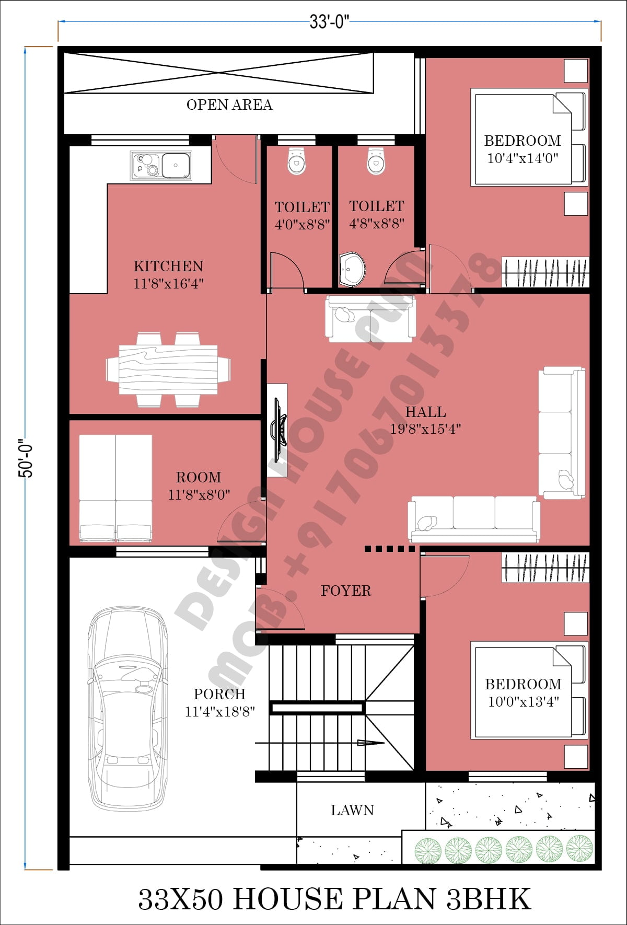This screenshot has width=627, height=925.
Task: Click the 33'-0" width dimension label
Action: point(329,22)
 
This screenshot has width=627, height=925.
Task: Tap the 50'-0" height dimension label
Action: point(26,458)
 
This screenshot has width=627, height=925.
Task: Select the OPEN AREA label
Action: point(229,105)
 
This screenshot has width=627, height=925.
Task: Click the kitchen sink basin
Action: point(176,165)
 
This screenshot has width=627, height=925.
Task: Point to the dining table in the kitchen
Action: point(168,369)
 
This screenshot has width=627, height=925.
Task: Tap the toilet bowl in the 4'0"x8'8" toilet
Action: point(296,161)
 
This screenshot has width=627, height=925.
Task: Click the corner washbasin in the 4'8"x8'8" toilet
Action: point(351,270)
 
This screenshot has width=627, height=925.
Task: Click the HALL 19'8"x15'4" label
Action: point(425,420)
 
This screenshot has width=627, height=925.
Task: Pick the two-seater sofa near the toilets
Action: point(370,318)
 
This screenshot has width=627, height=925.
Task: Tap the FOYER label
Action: point(346,591)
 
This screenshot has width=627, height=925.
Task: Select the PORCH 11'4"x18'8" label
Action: point(219,702)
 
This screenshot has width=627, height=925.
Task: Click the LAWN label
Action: point(352,810)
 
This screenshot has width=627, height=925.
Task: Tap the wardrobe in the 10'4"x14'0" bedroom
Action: point(545,272)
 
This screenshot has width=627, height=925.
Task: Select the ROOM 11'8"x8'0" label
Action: point(199,485)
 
